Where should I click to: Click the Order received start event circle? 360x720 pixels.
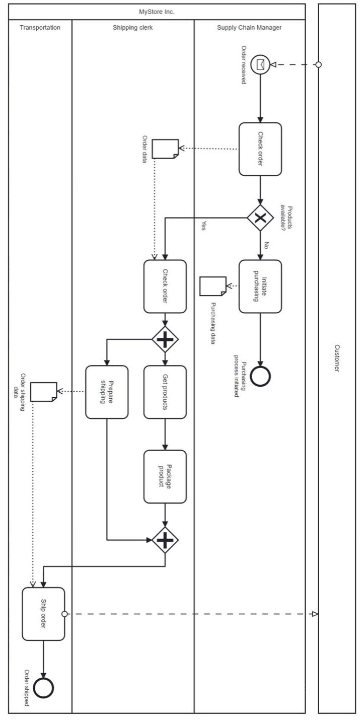(x=260, y=64)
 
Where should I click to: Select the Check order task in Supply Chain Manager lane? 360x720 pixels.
(x=260, y=149)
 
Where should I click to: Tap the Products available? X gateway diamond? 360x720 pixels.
(x=260, y=218)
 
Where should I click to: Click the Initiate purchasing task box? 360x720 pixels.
(x=260, y=286)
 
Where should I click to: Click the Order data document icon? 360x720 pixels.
(x=165, y=149)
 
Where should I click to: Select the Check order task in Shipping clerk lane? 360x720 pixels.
(x=165, y=286)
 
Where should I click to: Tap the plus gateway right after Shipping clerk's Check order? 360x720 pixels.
(x=165, y=339)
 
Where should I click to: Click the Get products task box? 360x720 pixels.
(x=165, y=392)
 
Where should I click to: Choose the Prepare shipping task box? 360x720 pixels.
(x=107, y=392)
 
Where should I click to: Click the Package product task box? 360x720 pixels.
(x=165, y=476)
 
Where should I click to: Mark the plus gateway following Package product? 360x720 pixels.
(x=165, y=540)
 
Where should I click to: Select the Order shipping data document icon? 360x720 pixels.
(x=43, y=392)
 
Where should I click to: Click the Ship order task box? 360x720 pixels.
(x=43, y=614)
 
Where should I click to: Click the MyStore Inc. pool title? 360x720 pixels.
(x=157, y=11)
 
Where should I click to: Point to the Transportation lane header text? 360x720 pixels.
(x=40, y=28)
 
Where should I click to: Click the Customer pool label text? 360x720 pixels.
(x=337, y=358)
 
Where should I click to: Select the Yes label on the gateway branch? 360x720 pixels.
(x=203, y=225)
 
